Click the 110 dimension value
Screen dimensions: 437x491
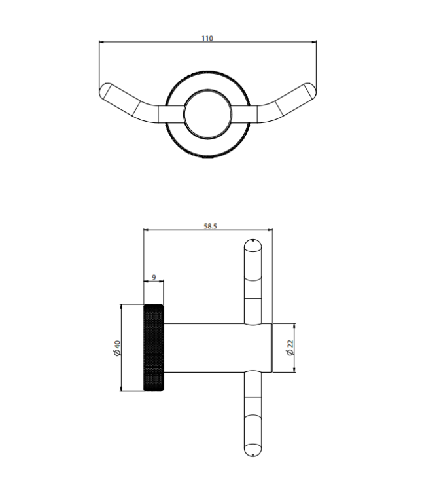pos(207,38)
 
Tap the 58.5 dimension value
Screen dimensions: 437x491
pos(210,226)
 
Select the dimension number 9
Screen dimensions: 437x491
pos(154,278)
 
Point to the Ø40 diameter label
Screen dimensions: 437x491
pos(117,348)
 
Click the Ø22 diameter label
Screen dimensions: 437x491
pos(290,348)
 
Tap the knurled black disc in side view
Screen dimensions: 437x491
pos(154,348)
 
